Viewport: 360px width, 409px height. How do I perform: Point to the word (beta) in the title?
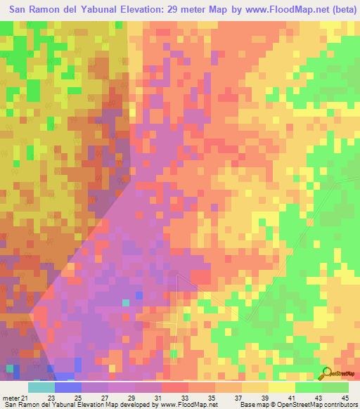[x=341, y=8]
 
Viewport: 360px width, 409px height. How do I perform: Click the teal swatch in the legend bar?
[x=41, y=387]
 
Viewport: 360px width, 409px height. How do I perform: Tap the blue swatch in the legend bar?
[x=68, y=387]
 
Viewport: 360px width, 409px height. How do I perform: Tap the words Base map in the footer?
[x=252, y=404]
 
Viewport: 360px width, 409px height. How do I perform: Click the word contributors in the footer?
[x=340, y=404]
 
